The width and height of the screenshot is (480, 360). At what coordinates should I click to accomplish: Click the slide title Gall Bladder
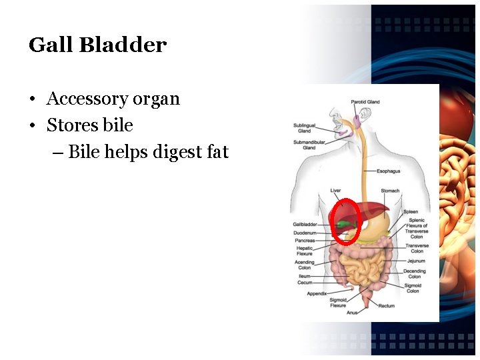coord(97,45)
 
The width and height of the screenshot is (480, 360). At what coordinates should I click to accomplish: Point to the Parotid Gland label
coord(365,102)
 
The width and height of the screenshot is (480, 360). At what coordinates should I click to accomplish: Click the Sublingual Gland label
coord(304,127)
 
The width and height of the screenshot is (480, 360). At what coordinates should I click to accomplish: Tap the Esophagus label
coord(388,171)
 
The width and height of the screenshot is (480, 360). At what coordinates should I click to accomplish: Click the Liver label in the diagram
coord(335,191)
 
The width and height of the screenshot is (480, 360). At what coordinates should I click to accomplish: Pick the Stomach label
coord(390,191)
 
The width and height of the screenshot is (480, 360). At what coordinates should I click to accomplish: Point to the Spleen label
coord(411,212)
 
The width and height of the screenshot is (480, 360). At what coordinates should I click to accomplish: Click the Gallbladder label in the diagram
coord(305,225)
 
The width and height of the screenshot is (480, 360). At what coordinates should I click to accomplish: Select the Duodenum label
coord(304,233)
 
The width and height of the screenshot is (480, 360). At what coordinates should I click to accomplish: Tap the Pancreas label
coord(305,241)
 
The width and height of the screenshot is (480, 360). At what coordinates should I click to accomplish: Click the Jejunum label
coord(416,261)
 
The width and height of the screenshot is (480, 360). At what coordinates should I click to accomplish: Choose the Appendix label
coord(317,293)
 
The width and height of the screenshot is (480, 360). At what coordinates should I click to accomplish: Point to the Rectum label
coord(387,306)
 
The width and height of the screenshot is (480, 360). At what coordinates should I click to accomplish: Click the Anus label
coord(352,312)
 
